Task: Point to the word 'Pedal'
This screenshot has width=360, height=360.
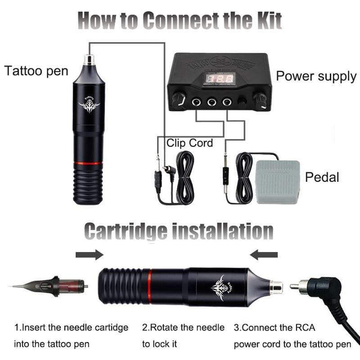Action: (x=322, y=178)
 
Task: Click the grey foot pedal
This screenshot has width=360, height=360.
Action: (x=277, y=181)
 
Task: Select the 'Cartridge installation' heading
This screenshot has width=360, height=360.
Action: (x=179, y=231)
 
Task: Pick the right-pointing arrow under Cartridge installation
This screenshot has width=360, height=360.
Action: (x=89, y=255)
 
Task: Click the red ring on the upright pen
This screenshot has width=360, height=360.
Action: (x=89, y=163)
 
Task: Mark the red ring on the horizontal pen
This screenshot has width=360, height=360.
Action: (x=148, y=286)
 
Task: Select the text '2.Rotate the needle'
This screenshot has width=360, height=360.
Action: (x=183, y=328)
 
